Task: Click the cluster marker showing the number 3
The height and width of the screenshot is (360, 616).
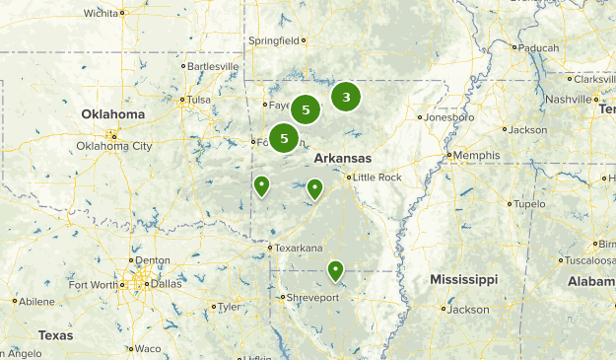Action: [346, 97]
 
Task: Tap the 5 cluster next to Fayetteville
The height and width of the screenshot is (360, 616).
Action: [307, 110]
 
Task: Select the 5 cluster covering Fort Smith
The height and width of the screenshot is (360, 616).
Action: [284, 138]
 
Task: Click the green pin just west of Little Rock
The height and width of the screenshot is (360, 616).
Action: [314, 187]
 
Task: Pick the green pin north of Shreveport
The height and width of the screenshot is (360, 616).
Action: [335, 269]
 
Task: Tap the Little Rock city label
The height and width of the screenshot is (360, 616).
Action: [377, 178]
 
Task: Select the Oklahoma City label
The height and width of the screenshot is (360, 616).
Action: [114, 146]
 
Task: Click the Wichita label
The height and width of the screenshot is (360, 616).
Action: [100, 13]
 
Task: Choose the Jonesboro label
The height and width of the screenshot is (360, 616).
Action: [449, 116]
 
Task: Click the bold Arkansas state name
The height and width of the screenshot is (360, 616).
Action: [342, 158]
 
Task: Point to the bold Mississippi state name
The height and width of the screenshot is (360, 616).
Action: [463, 280]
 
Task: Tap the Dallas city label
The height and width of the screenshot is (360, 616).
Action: [167, 284]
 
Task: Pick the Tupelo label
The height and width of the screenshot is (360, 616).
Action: [529, 204]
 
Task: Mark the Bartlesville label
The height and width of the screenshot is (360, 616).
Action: [213, 66]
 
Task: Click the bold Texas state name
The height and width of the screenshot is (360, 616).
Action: [56, 335]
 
